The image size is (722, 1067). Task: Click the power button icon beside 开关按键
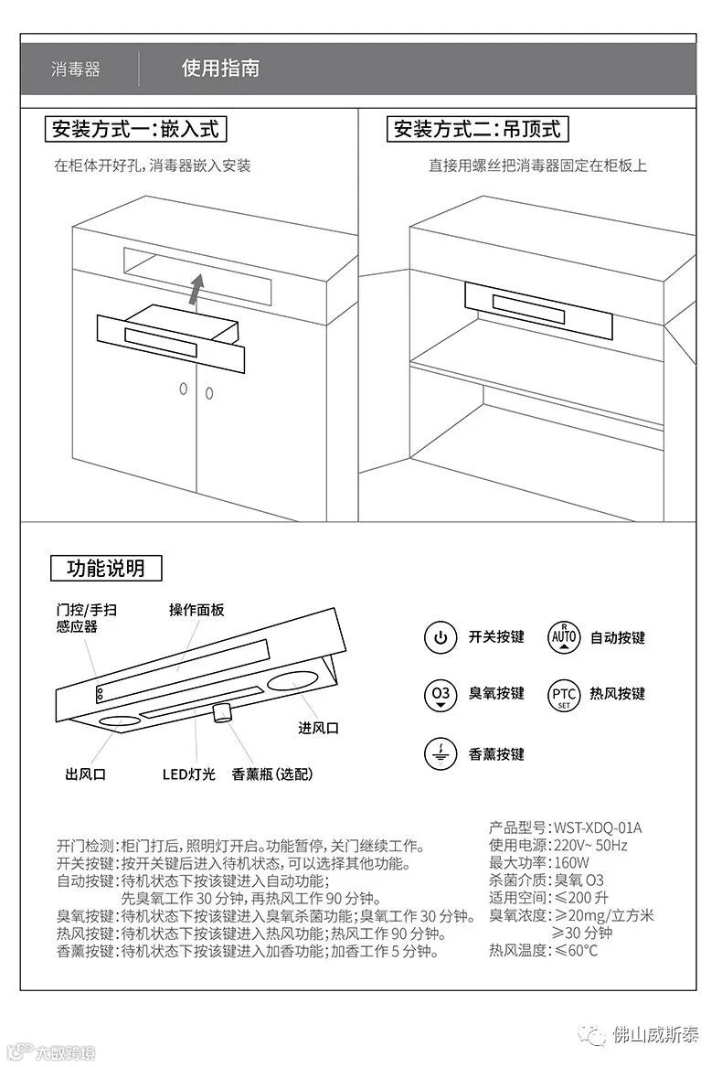point(441,637)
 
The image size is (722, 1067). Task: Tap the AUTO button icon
point(564,637)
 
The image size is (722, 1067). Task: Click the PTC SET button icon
point(564,695)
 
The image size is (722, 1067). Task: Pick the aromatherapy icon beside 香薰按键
point(441,754)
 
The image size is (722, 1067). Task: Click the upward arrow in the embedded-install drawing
point(196,290)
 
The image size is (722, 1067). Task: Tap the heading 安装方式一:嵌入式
point(135,129)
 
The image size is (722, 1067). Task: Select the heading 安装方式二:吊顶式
point(477,129)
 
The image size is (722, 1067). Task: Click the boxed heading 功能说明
point(106,568)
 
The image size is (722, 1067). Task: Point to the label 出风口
point(85,774)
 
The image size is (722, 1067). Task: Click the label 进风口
point(318,728)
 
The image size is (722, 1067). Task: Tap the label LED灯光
point(188,774)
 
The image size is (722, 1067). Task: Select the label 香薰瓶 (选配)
point(272,774)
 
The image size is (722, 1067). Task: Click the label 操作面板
point(196,610)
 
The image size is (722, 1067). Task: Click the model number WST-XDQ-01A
point(598,828)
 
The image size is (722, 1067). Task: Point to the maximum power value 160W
point(571,863)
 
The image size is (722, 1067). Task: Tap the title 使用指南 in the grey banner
point(220,68)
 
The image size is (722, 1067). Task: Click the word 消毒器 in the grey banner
point(76,69)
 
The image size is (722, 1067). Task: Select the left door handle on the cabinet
point(183,389)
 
